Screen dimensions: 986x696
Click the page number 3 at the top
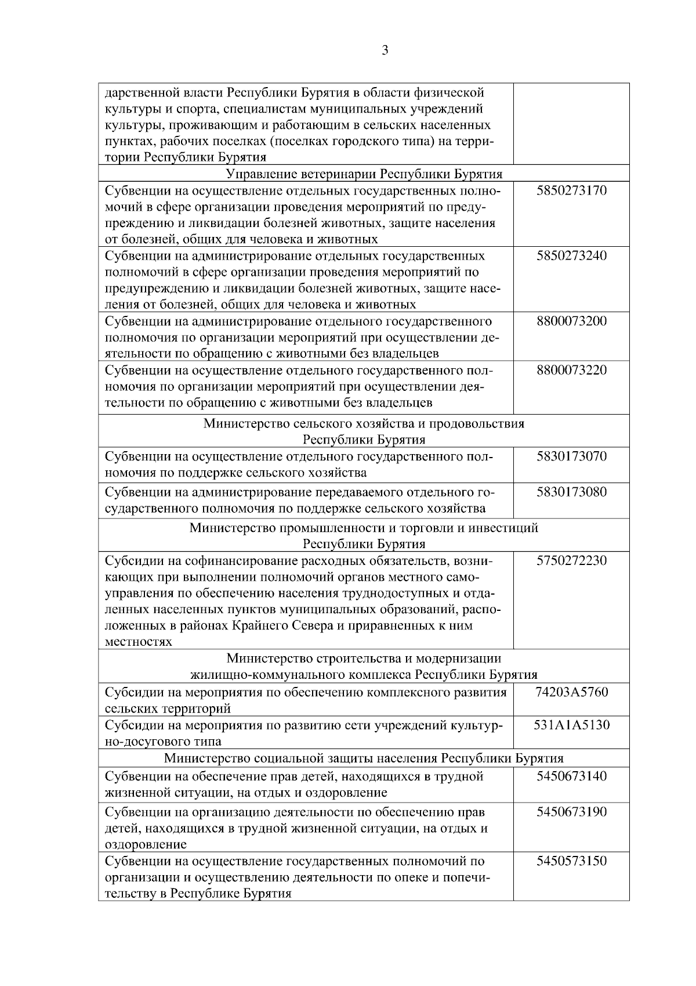tap(385, 51)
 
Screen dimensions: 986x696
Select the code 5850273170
tap(571, 190)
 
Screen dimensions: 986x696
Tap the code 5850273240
tap(571, 256)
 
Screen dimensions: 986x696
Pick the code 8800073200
tap(571, 322)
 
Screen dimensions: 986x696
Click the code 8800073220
tap(571, 370)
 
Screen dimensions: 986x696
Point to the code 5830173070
tap(571, 456)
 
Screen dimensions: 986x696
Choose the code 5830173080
tap(571, 492)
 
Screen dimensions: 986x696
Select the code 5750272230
tap(571, 561)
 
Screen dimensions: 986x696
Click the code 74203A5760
tap(571, 692)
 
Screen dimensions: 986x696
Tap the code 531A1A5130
tap(571, 725)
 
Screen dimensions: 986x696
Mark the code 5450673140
tap(571, 776)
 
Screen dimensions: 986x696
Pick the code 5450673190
tap(571, 812)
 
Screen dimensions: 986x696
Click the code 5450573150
tap(571, 861)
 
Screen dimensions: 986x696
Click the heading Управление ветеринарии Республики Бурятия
tap(364, 174)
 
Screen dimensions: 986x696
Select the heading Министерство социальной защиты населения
tap(364, 758)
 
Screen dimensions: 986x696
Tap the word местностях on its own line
tap(139, 642)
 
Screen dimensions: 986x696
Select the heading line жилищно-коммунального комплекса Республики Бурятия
tap(364, 675)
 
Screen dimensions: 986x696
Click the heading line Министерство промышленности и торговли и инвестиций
tap(364, 528)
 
